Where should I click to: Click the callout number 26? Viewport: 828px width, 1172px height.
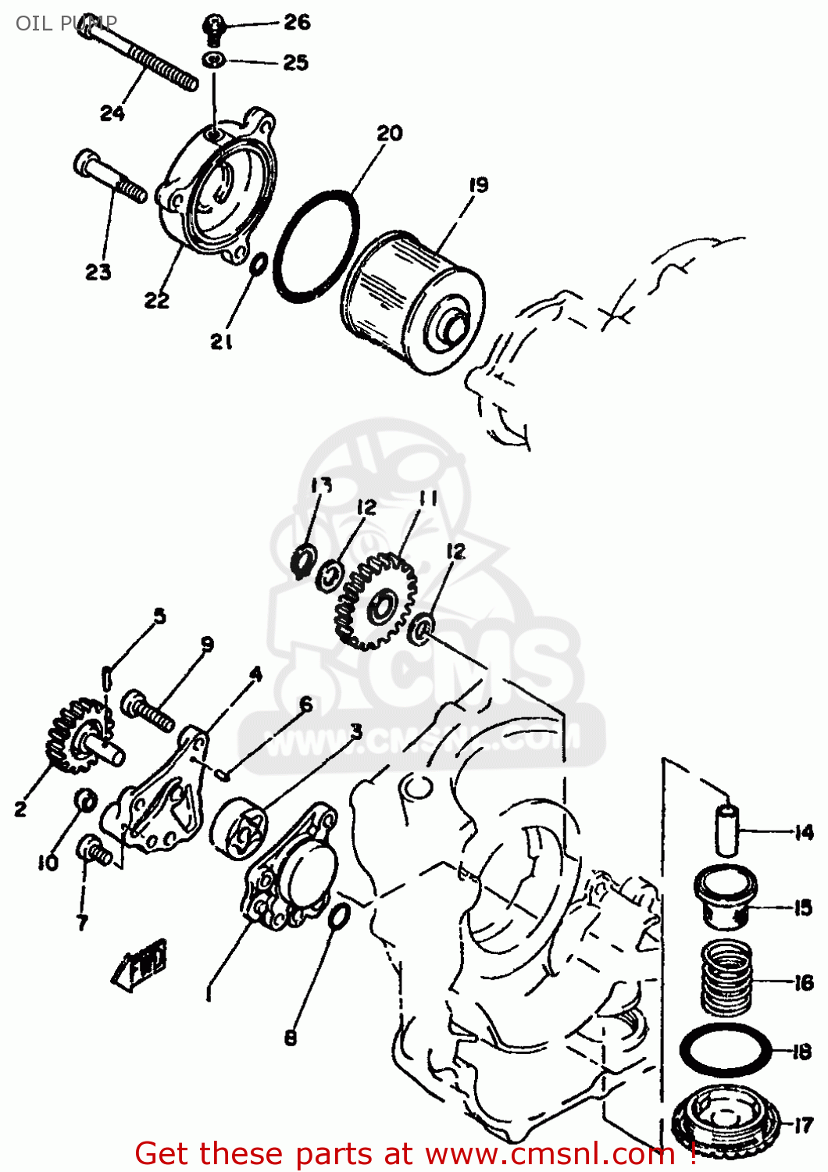(297, 22)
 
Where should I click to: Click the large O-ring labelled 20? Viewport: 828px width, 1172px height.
(316, 245)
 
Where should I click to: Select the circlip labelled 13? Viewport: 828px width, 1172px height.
(302, 561)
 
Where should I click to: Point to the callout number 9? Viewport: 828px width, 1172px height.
(207, 644)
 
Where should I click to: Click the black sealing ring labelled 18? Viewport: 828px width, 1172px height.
(726, 1051)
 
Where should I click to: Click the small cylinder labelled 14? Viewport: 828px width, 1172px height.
(727, 831)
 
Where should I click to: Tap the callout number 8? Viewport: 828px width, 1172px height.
(291, 1038)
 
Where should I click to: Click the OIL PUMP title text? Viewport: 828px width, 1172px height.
(66, 23)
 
